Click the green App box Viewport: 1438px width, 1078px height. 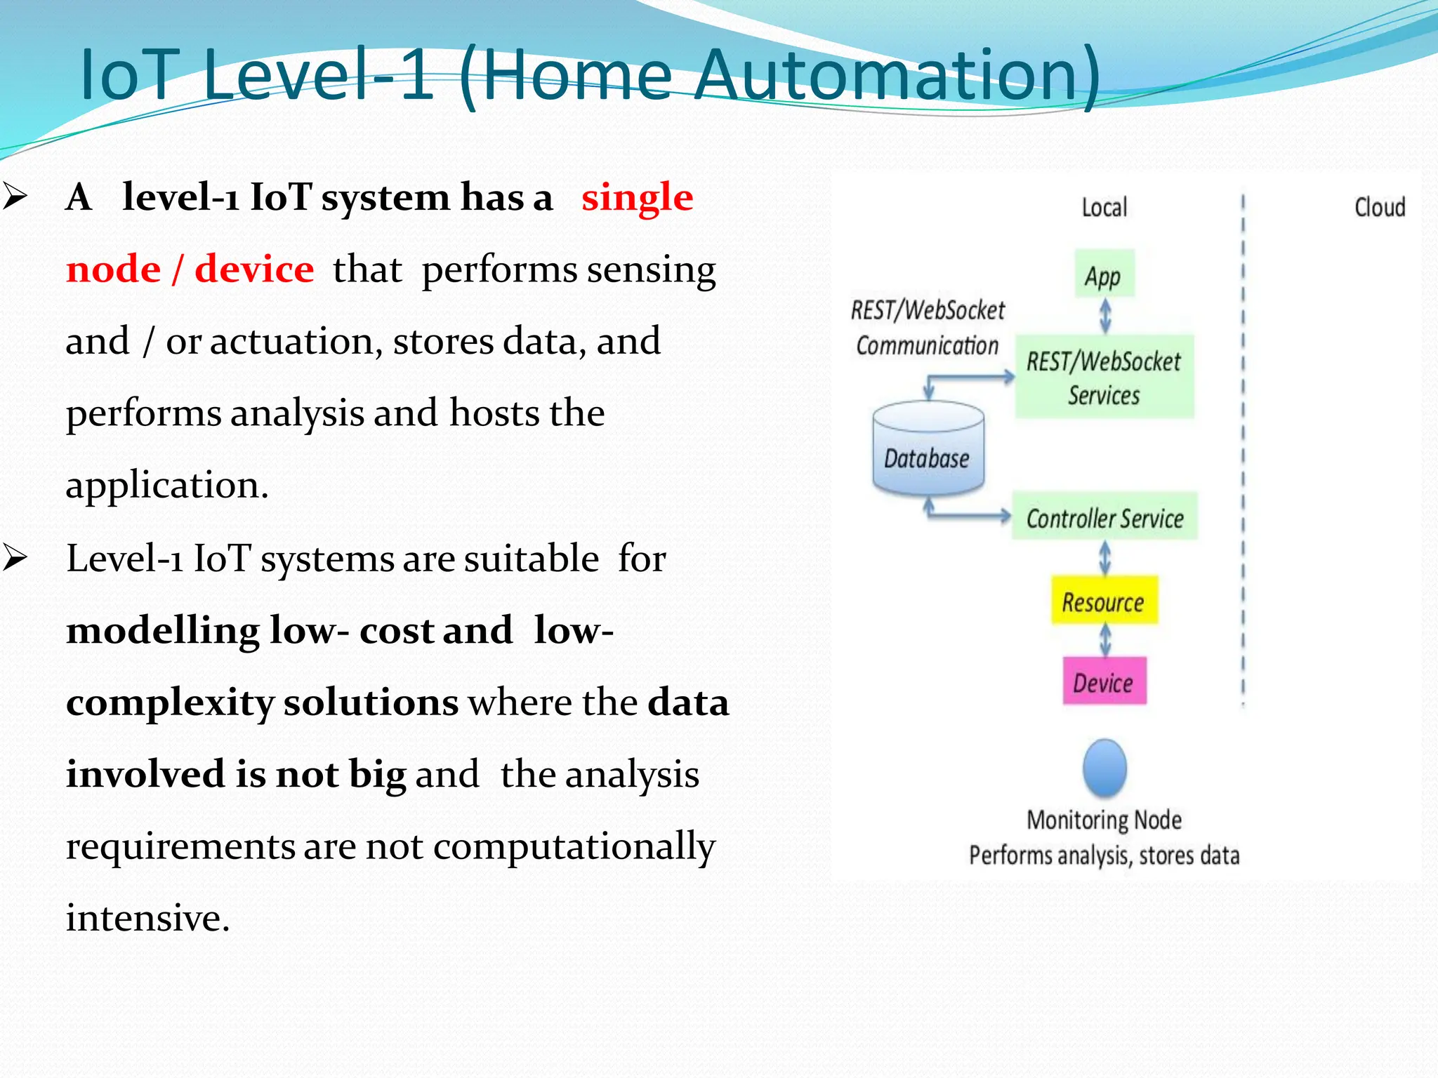pyautogui.click(x=1104, y=274)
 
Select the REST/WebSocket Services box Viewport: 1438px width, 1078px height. pyautogui.click(x=1104, y=378)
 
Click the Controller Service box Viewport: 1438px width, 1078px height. pyautogui.click(x=1104, y=517)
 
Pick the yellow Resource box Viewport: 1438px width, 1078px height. pyautogui.click(x=1104, y=601)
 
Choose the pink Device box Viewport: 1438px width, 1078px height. pyautogui.click(x=1104, y=681)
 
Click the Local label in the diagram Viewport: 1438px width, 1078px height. pyautogui.click(x=1104, y=208)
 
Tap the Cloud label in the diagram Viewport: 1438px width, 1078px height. pyautogui.click(x=1380, y=208)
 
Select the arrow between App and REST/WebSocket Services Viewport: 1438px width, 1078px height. pyautogui.click(x=1105, y=315)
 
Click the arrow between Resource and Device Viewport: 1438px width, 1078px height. pyautogui.click(x=1105, y=640)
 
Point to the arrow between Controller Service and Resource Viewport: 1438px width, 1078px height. pyautogui.click(x=1105, y=557)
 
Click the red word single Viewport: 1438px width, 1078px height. pyautogui.click(x=637, y=197)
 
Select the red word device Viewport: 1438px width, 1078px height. pyautogui.click(x=254, y=269)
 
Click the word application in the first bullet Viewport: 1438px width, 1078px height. pyautogui.click(x=166, y=485)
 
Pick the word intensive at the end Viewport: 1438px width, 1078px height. pyautogui.click(x=147, y=917)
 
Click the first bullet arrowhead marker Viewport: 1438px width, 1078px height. pyautogui.click(x=15, y=197)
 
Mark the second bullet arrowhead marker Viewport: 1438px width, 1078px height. pyautogui.click(x=15, y=558)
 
